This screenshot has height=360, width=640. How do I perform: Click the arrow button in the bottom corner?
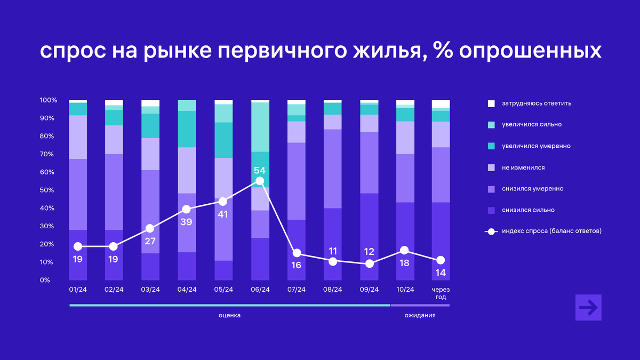588,308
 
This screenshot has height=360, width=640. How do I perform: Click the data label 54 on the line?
260,171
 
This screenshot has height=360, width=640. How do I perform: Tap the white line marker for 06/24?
260,181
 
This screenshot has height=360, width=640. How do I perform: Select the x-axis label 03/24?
150,290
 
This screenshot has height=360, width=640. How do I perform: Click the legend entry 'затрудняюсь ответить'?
536,103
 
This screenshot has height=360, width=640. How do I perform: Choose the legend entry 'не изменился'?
523,167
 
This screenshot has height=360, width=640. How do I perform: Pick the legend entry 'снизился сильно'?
527,210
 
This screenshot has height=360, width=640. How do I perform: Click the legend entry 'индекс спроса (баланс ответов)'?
551,231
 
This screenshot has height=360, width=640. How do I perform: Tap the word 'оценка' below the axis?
229,315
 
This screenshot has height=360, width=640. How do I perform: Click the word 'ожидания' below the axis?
420,315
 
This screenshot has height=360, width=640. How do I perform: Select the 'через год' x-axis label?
441,293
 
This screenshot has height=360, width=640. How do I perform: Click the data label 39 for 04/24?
186,222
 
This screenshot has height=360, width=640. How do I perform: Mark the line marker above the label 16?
297,253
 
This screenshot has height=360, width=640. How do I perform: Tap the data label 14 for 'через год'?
441,273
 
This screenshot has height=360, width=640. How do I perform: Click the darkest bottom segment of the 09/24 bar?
369,237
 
